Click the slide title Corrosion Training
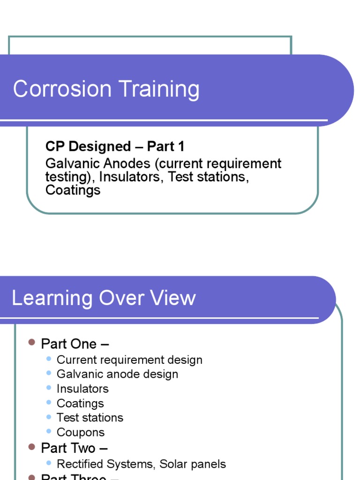(x=106, y=89)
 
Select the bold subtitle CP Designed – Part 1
(x=115, y=147)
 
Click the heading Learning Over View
(x=104, y=298)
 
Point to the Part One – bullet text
(x=75, y=344)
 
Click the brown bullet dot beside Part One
(x=32, y=343)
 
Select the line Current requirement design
(x=129, y=360)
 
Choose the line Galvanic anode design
(x=117, y=374)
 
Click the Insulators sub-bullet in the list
(x=82, y=389)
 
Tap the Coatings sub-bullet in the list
(x=80, y=403)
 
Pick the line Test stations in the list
(x=90, y=418)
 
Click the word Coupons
(x=81, y=432)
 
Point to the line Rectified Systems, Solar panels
(x=141, y=464)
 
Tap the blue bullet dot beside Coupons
(x=49, y=431)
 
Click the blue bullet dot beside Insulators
(x=49, y=387)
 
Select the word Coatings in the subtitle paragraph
(x=73, y=190)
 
